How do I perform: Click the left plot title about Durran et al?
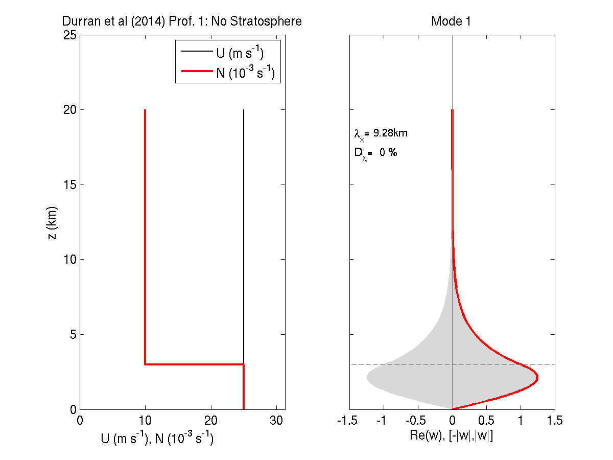coord(182,21)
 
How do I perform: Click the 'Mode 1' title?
coord(451,21)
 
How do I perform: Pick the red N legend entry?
coord(245,73)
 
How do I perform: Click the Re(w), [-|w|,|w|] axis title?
coord(452,436)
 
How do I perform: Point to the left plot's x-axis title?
coord(157,438)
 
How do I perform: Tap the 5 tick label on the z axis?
coord(73,334)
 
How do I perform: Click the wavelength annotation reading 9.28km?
coord(381,134)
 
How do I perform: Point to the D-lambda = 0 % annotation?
coord(375,153)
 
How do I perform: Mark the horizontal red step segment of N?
coord(194,364)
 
